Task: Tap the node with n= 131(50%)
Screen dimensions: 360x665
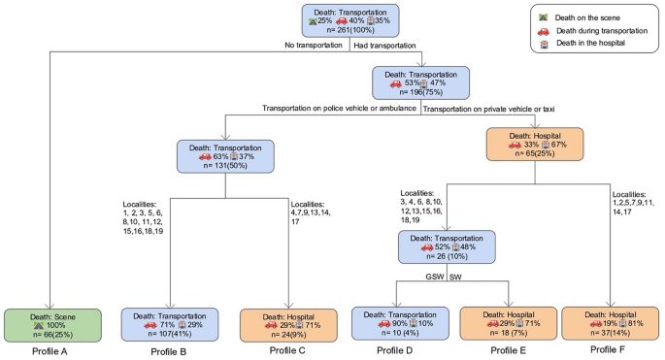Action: (224, 159)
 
